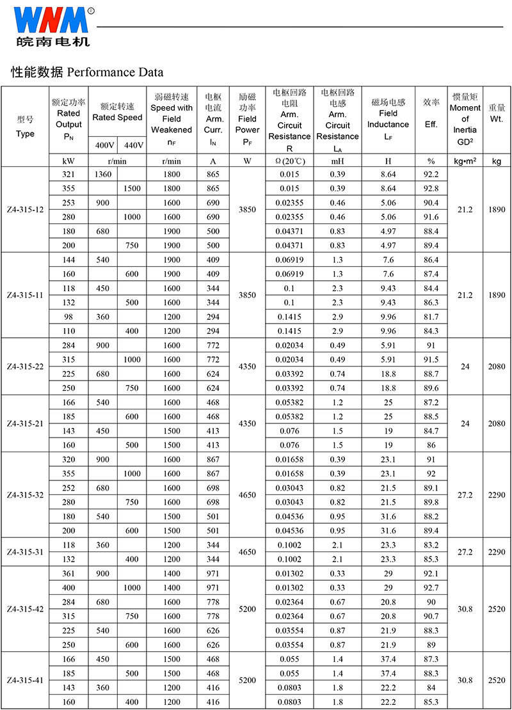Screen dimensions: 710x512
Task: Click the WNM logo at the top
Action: (51, 20)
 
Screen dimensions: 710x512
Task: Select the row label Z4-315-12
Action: (26, 210)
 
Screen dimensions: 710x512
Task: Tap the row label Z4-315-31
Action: (26, 551)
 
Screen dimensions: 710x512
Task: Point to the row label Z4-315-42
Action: (26, 609)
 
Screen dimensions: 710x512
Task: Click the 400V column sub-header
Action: (104, 145)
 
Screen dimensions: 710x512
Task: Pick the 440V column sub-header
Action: (133, 145)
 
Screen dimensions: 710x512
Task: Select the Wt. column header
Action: (497, 118)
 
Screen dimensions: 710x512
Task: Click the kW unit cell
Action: (69, 161)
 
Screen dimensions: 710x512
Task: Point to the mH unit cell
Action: (337, 161)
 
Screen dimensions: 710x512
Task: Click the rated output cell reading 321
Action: (69, 175)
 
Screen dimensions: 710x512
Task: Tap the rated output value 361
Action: (69, 574)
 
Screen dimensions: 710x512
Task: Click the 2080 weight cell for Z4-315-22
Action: (497, 367)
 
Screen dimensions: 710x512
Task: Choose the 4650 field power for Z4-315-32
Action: (247, 494)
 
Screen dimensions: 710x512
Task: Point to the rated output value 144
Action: (69, 260)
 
